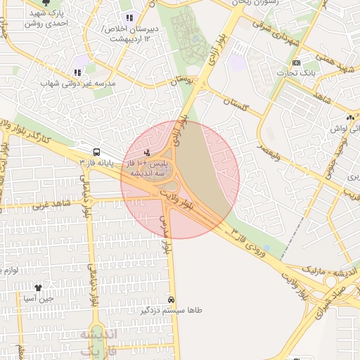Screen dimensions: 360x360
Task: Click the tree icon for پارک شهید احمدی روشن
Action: tap(47, 4)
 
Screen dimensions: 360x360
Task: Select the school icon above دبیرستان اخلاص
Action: tap(129, 18)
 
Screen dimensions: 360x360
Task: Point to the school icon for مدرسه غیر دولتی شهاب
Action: tap(77, 72)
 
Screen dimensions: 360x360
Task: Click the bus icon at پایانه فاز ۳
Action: tap(96, 152)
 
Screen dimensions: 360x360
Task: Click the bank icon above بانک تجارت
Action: tap(296, 63)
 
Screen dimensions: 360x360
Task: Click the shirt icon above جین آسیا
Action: tap(39, 288)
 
